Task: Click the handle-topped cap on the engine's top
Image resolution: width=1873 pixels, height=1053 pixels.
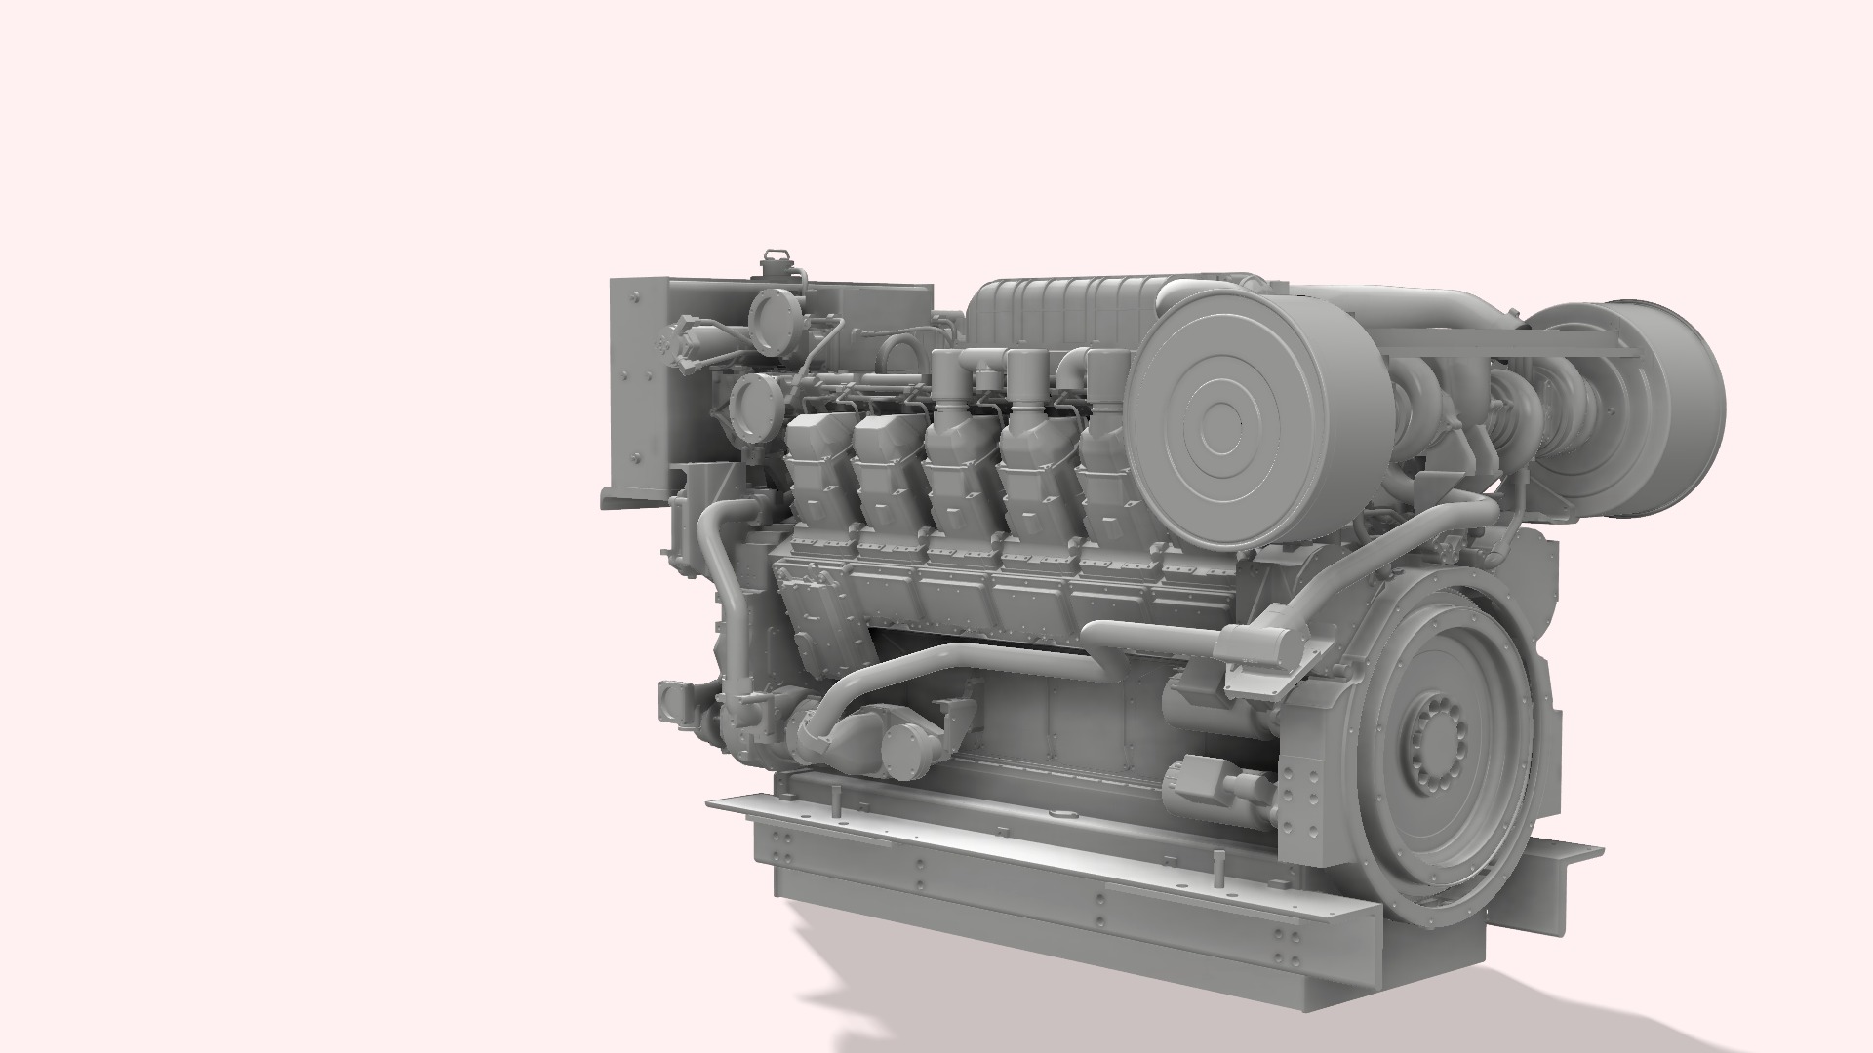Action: point(777,263)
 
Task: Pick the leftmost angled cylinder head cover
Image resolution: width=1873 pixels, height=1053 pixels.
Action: point(817,468)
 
